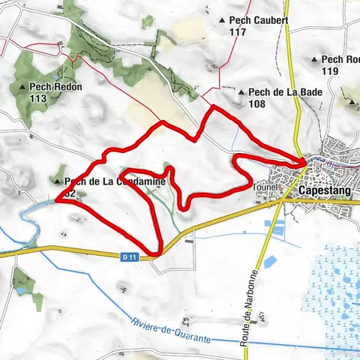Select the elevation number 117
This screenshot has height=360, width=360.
pos(239,31)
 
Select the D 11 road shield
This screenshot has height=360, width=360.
pos(129,256)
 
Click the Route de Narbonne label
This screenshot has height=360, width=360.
pos(251,307)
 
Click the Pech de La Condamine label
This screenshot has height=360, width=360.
pos(105,181)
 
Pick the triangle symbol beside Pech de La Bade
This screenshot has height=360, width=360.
pos(241,91)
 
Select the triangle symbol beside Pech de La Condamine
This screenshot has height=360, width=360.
pos(58,181)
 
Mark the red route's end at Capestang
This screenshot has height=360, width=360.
pos(304,162)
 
